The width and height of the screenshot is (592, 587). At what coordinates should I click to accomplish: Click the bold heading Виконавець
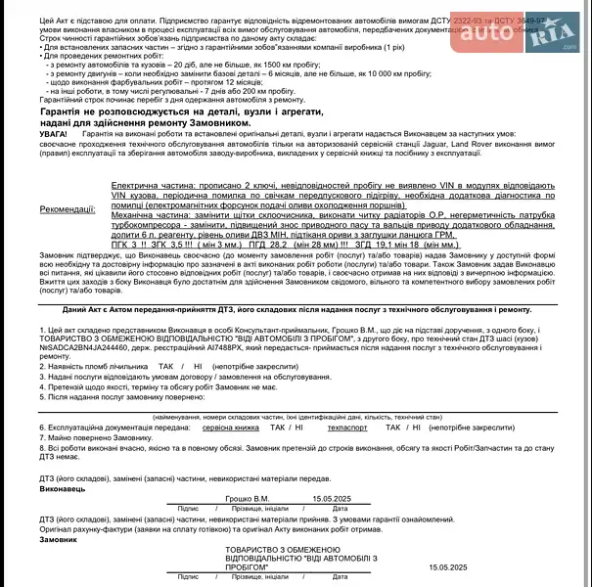[63, 486]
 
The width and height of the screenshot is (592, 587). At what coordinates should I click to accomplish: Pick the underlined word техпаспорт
[346, 428]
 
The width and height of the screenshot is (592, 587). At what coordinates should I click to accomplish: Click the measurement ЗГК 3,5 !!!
[170, 246]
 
